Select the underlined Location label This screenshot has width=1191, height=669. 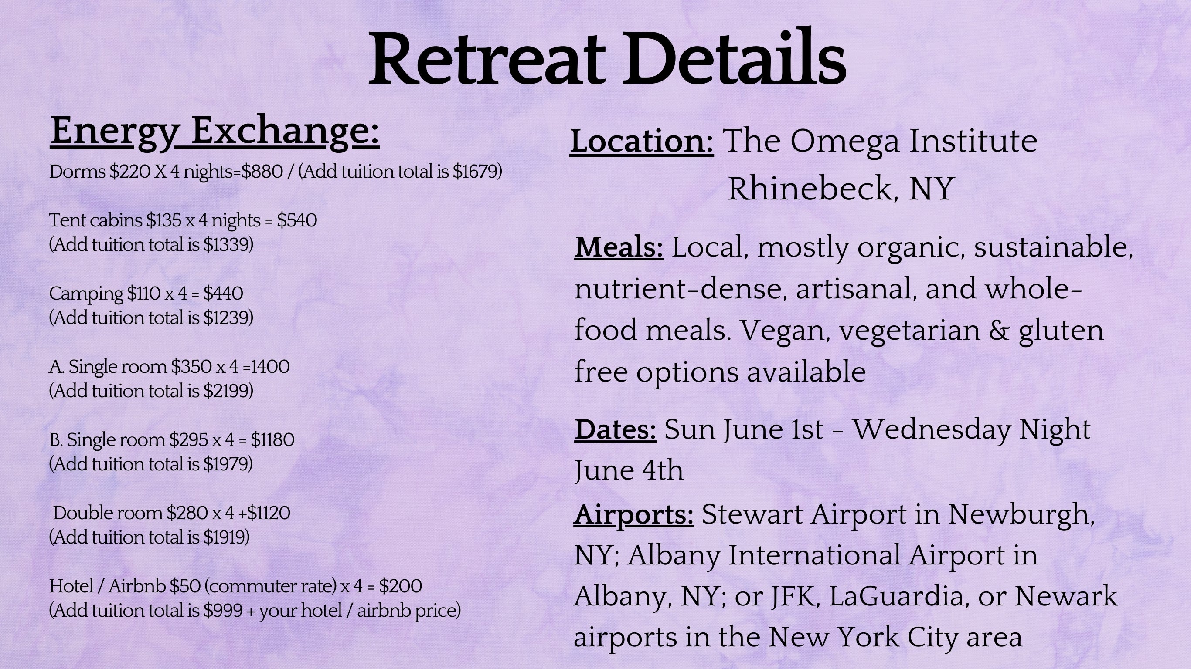pos(642,141)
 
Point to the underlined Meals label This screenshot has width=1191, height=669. pos(619,247)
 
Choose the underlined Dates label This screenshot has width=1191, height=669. pos(616,430)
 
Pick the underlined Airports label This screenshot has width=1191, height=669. pos(633,514)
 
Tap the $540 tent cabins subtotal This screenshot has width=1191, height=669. pos(297,220)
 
